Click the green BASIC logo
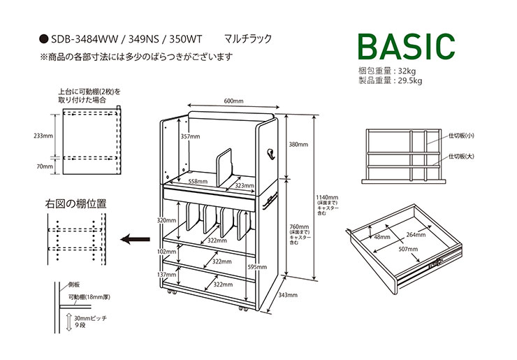pyautogui.click(x=407, y=47)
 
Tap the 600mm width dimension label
pyautogui.click(x=233, y=101)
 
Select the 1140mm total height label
pyautogui.click(x=327, y=198)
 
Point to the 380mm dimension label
pyautogui.click(x=298, y=144)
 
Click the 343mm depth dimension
pyautogui.click(x=288, y=295)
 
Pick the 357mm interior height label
pyautogui.click(x=190, y=136)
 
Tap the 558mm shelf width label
pyautogui.click(x=198, y=181)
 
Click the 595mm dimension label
pyautogui.click(x=257, y=266)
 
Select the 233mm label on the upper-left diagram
pyautogui.click(x=43, y=136)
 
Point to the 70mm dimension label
pyautogui.click(x=45, y=166)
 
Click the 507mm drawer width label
pyautogui.click(x=408, y=249)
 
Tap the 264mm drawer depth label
pyautogui.click(x=416, y=235)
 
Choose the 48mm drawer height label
pyautogui.click(x=382, y=237)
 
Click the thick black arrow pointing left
pyautogui.click(x=135, y=239)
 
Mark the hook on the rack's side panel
pyautogui.click(x=270, y=154)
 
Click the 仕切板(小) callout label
pyautogui.click(x=461, y=136)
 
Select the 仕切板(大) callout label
pyautogui.click(x=461, y=156)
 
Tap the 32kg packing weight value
pyautogui.click(x=407, y=71)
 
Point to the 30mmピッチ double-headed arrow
pyautogui.click(x=69, y=323)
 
